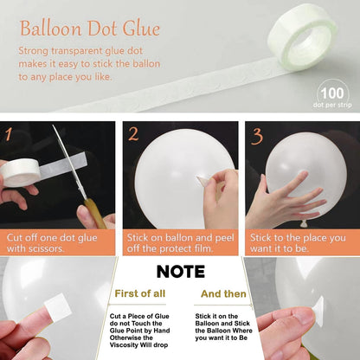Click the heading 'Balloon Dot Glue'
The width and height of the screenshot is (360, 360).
[90, 29]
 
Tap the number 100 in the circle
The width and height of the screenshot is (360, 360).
[332, 93]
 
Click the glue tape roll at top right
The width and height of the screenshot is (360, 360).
[302, 42]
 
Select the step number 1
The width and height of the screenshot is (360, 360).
[9, 134]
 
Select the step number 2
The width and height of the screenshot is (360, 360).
[133, 134]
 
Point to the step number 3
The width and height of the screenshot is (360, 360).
[257, 136]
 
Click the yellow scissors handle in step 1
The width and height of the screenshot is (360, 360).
[95, 213]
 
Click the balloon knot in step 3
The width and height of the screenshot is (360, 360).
[303, 223]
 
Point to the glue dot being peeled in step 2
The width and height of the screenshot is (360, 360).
[203, 181]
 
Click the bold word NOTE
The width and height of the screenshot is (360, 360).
[181, 272]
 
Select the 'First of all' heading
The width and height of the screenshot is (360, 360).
[140, 293]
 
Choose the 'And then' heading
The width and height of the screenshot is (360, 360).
[223, 294]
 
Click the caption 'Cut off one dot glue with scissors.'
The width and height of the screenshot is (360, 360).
[52, 243]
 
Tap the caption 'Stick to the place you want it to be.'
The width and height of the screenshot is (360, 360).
[298, 243]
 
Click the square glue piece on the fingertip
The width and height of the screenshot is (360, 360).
[58, 308]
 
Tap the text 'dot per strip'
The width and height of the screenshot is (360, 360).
[332, 105]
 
